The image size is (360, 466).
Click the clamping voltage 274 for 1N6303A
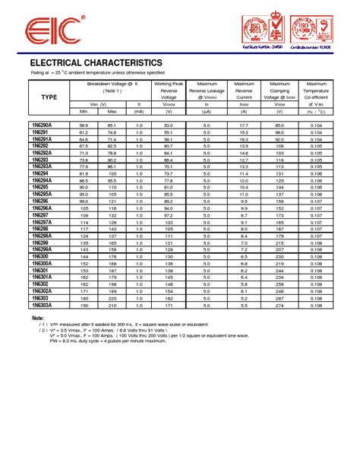(x=279, y=305)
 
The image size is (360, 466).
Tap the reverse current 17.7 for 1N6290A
(x=244, y=125)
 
